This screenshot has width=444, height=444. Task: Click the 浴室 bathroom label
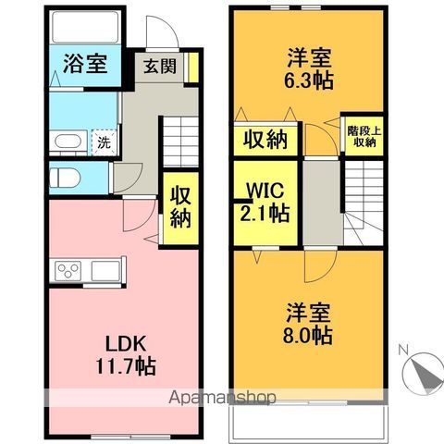pyautogui.click(x=85, y=64)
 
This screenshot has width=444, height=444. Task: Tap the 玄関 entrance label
pyautogui.click(x=160, y=67)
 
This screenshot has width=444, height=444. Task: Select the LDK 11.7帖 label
pyautogui.click(x=126, y=355)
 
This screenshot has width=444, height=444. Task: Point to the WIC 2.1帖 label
pyautogui.click(x=265, y=202)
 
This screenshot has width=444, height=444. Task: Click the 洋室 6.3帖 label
pyautogui.click(x=309, y=68)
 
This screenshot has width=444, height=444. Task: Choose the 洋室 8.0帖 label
pyautogui.click(x=308, y=324)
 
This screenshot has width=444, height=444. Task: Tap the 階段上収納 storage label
pyautogui.click(x=364, y=136)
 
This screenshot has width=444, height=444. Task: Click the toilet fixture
pyautogui.click(x=65, y=178)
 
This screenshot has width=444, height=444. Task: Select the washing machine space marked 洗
pyautogui.click(x=105, y=142)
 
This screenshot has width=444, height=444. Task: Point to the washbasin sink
pyautogui.click(x=68, y=142)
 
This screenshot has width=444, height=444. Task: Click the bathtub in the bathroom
pyautogui.click(x=85, y=27)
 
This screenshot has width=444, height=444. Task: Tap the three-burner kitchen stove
pyautogui.click(x=68, y=271)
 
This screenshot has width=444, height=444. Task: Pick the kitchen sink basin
pyautogui.click(x=105, y=271)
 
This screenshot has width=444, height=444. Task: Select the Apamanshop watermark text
pyautogui.click(x=222, y=398)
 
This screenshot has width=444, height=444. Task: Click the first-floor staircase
pyautogui.click(x=180, y=142)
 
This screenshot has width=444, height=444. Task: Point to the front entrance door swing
pyautogui.click(x=163, y=31)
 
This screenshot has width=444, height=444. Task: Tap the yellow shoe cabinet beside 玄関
pyautogui.click(x=193, y=68)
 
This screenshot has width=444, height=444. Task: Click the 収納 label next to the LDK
pyautogui.click(x=180, y=206)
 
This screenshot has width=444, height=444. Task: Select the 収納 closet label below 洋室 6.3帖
pyautogui.click(x=265, y=140)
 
